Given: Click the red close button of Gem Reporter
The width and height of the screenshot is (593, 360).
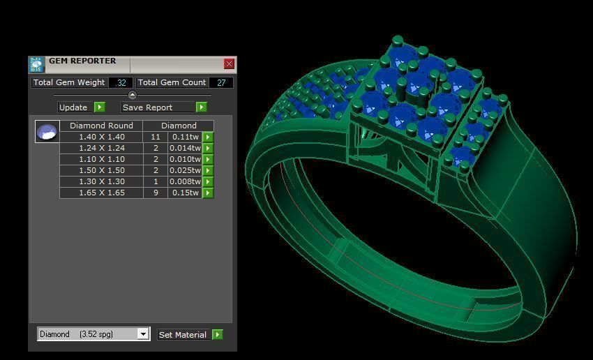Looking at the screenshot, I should click(229, 63).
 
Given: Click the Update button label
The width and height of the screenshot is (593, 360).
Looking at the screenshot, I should click(73, 107).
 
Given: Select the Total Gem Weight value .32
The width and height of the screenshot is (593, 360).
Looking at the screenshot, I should click(121, 82).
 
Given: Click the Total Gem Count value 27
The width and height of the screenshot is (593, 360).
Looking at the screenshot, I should click(221, 82).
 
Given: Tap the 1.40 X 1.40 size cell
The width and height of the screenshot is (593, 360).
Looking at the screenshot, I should click(101, 137).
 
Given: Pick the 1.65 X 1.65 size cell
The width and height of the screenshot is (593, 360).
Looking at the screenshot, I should click(101, 193).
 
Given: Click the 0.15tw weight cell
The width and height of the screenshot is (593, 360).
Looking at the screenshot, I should click(185, 193).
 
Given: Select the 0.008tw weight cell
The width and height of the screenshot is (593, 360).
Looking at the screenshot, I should click(185, 181).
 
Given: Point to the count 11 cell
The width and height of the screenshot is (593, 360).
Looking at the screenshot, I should click(156, 137).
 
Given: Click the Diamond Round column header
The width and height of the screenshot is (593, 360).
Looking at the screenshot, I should click(101, 126).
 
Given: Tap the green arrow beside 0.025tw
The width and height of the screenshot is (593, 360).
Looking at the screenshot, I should click(207, 170).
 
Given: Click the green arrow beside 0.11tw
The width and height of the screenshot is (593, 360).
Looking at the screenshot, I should click(207, 137).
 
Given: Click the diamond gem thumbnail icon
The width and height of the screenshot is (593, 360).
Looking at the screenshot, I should click(47, 131).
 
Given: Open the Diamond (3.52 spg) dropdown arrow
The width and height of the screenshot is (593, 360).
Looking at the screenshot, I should click(143, 334).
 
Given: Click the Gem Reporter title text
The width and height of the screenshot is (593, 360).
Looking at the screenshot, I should click(82, 61).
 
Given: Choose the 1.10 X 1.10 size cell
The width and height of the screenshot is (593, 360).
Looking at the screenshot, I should click(101, 159).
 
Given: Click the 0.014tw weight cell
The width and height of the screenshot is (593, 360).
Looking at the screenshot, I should click(185, 148).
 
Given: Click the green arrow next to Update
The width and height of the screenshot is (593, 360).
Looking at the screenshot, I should click(100, 107).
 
